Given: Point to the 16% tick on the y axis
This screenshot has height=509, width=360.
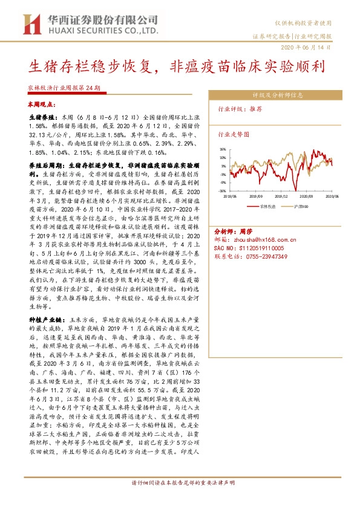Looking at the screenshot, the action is pyautogui.click(x=223, y=149).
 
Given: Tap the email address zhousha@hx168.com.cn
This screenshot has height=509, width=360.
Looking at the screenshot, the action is pyautogui.click(x=265, y=239).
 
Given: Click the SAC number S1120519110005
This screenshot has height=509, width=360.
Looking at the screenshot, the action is pyautogui.click(x=266, y=248).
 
